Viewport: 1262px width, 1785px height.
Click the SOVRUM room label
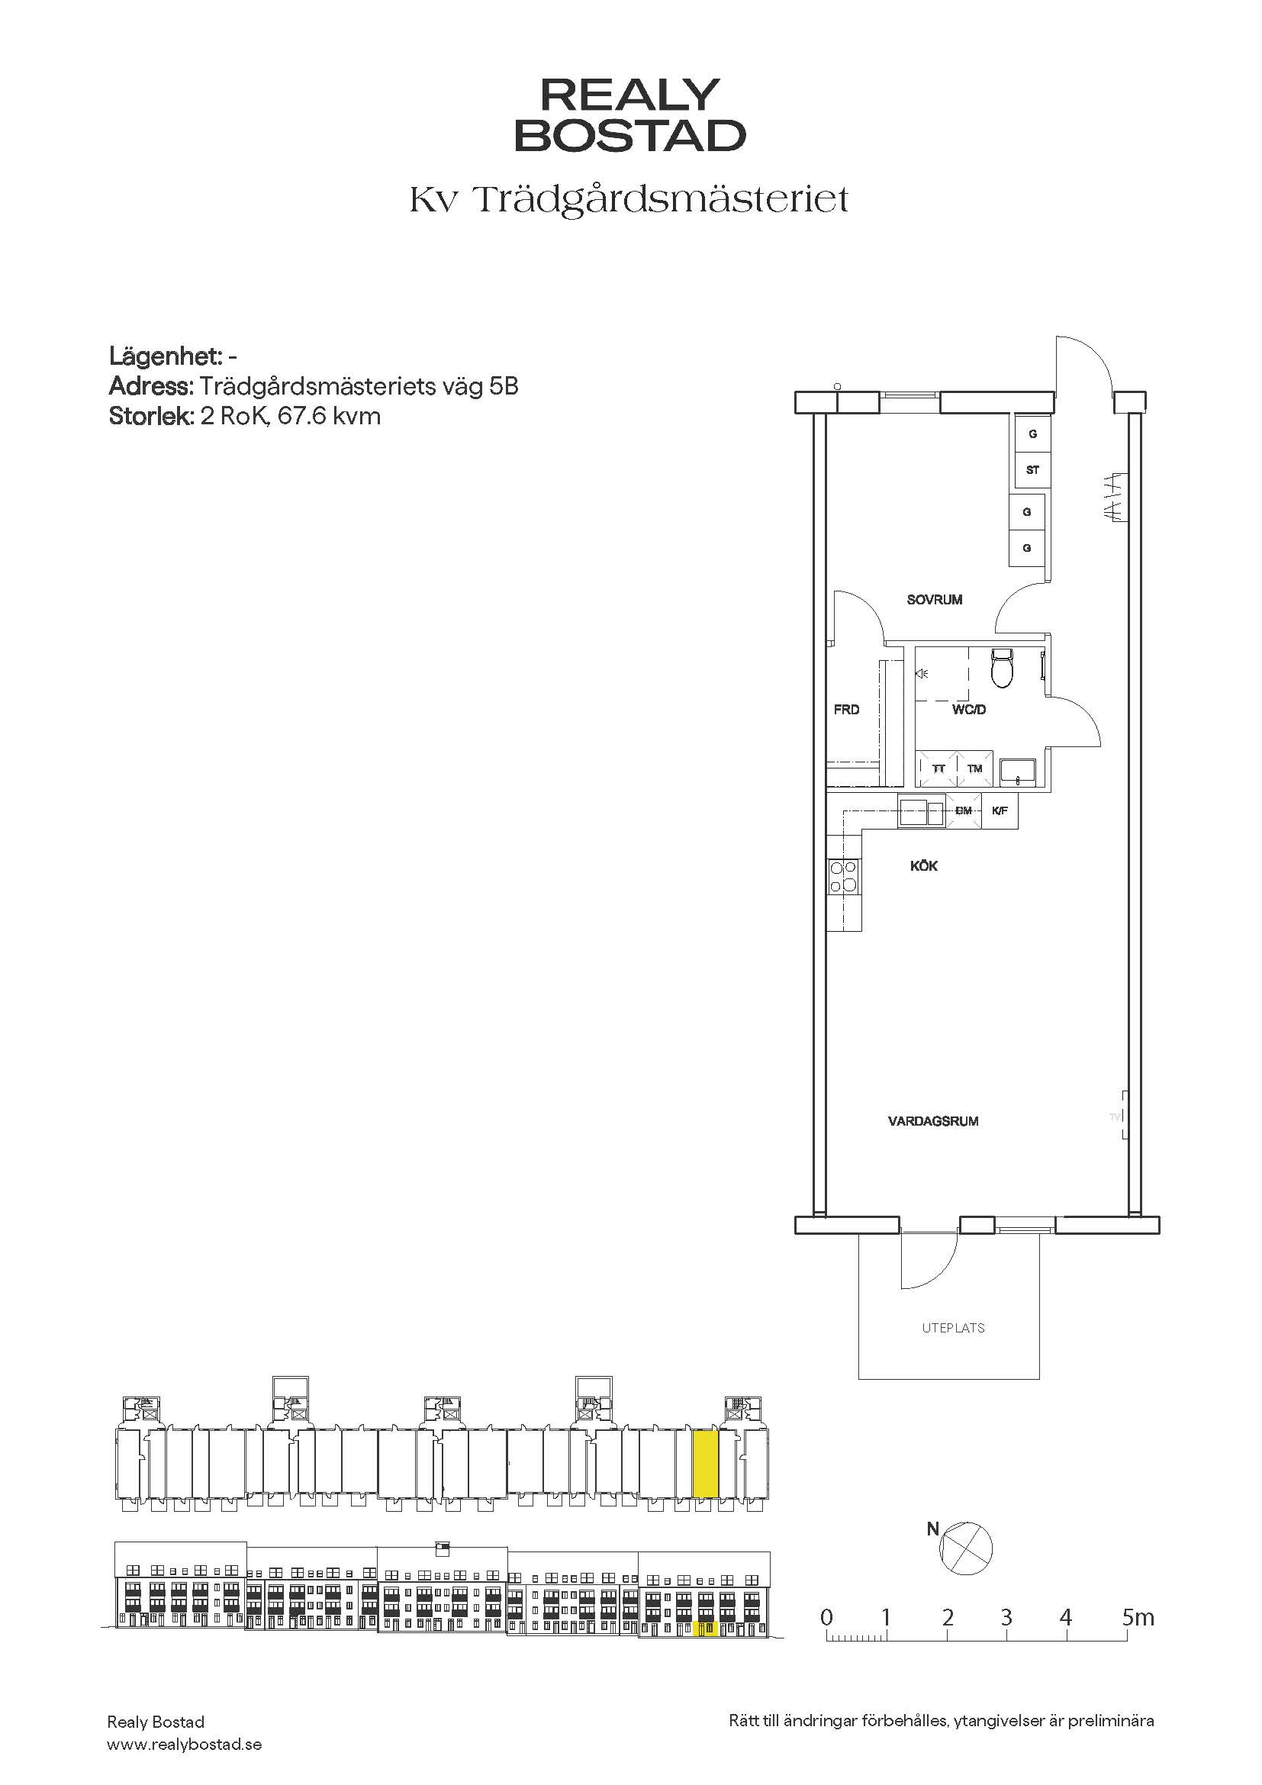pos(934,599)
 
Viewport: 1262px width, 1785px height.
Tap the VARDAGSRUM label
pos(933,1121)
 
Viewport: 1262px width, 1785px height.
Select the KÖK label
pos(924,865)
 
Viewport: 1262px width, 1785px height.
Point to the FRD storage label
pos(846,709)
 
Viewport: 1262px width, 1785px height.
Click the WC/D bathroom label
pos(969,709)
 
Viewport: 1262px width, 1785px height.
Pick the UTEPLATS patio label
pos(954,1328)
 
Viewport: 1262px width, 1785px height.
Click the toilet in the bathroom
pos(1003,668)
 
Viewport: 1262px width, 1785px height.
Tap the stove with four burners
pos(843,876)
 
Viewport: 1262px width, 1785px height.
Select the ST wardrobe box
pos(1033,469)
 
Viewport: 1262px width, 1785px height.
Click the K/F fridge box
pos(1000,811)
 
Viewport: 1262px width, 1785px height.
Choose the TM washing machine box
pos(974,768)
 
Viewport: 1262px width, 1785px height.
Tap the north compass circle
pos(966,1547)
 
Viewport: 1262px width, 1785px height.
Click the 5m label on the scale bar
pos(1138,1618)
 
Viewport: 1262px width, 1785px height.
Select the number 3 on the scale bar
pos(1006,1618)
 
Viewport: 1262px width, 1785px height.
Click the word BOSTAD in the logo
pos(630,136)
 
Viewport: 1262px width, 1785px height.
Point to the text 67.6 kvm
pos(330,416)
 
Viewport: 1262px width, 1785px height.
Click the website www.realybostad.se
pos(184,1745)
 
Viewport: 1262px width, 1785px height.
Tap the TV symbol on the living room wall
pos(1117,1116)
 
